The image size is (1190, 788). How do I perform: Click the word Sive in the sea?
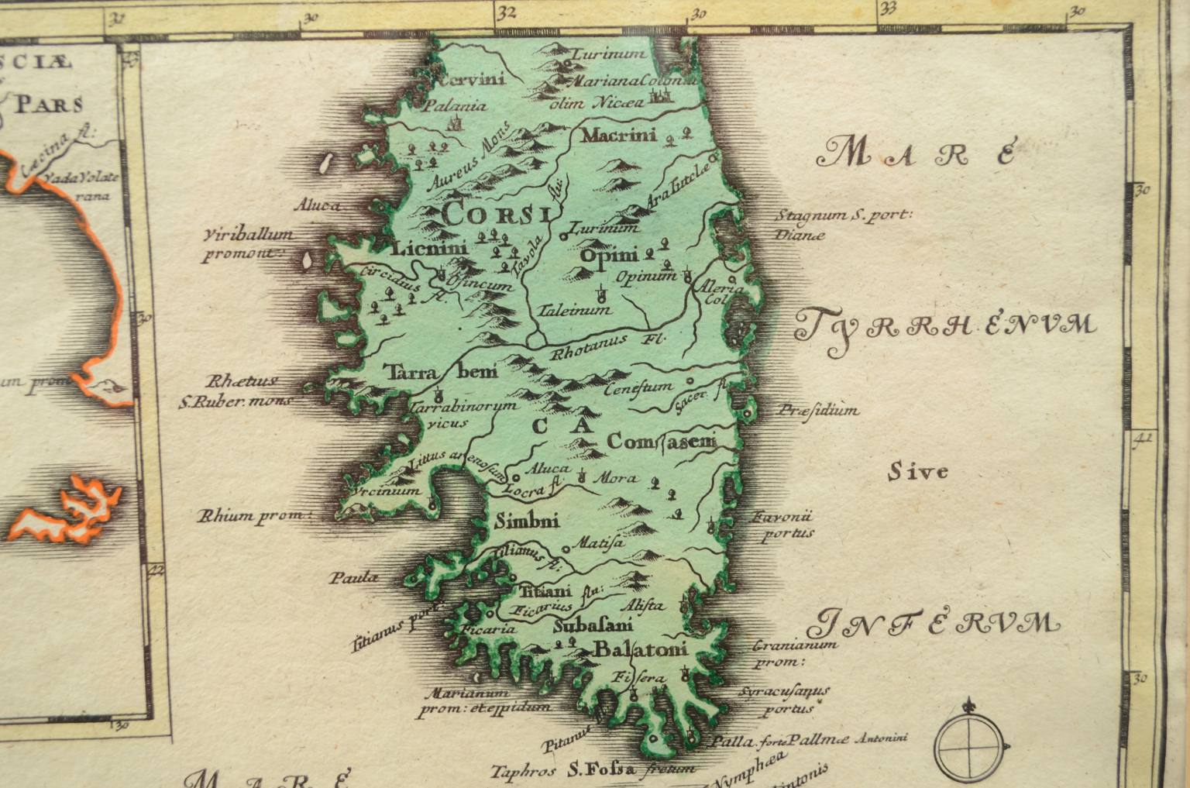coord(918,471)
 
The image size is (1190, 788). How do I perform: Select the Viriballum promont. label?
coord(246,243)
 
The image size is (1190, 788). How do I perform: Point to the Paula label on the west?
coord(354,576)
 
